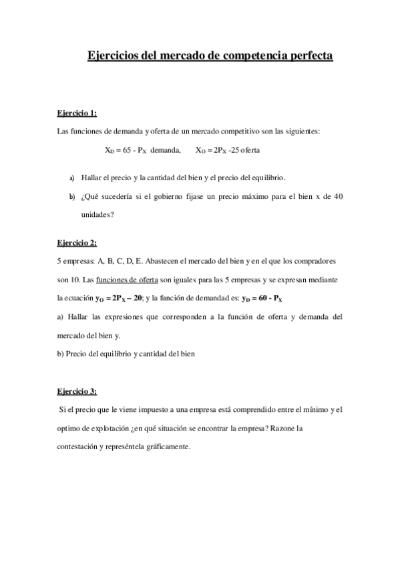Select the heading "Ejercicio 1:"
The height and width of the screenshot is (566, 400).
[x=77, y=113]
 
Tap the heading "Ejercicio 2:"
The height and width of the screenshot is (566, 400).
[x=77, y=242]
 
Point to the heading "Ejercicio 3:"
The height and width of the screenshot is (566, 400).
[x=77, y=390]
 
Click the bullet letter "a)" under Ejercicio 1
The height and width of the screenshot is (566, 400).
[x=72, y=178]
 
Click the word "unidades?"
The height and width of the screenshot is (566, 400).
[x=97, y=215]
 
